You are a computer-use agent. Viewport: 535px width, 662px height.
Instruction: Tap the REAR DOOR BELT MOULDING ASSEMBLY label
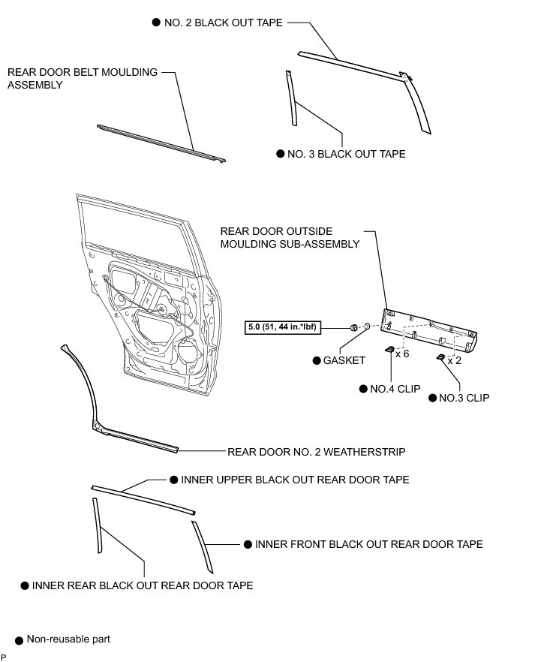(x=83, y=79)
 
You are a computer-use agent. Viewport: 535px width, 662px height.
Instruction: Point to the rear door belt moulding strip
(x=161, y=142)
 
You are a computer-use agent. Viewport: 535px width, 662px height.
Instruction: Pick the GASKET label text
(x=344, y=360)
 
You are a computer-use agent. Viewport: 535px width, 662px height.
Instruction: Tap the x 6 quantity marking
(x=401, y=354)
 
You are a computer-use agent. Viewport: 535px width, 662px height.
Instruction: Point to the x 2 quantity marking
(x=454, y=360)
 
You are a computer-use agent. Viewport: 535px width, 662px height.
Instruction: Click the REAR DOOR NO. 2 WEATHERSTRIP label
(x=316, y=452)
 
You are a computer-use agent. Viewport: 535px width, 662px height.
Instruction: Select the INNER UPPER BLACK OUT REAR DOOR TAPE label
(x=295, y=480)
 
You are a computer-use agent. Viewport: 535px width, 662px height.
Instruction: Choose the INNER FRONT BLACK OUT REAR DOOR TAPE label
(x=368, y=544)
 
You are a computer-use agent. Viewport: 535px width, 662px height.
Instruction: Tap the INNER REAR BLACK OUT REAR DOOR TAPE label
(x=142, y=585)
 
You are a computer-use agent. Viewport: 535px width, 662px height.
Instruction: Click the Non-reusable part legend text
(x=68, y=639)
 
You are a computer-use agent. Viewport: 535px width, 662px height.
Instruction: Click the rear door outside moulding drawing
(x=431, y=331)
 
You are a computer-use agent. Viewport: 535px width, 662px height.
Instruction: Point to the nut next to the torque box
(x=352, y=327)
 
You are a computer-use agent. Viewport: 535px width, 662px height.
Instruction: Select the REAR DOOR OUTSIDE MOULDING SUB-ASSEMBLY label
(x=290, y=237)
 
